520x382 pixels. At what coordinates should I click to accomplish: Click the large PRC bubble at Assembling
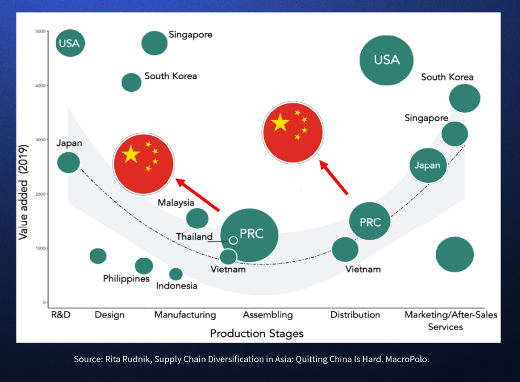point(249,235)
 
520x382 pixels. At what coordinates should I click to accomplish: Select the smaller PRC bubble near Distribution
point(370,221)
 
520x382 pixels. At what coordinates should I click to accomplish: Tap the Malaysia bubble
point(197,218)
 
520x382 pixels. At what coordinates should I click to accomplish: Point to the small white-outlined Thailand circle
point(233,240)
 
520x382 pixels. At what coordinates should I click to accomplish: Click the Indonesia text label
point(177,286)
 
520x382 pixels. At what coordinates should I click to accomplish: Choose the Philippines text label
point(126,279)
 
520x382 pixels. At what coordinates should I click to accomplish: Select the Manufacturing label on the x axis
point(185,315)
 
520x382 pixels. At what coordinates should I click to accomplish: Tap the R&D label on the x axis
point(61,315)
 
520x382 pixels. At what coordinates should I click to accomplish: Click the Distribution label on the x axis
point(355,315)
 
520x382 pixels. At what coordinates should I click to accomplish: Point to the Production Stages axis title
point(257,334)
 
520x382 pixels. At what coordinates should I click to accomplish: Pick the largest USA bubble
point(386,60)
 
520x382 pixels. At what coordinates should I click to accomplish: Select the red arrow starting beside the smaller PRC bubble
point(334,178)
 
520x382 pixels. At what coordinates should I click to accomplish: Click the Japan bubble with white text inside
point(427,166)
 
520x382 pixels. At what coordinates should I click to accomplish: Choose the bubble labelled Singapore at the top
point(154,43)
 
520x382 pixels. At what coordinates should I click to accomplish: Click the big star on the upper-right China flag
point(280,123)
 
